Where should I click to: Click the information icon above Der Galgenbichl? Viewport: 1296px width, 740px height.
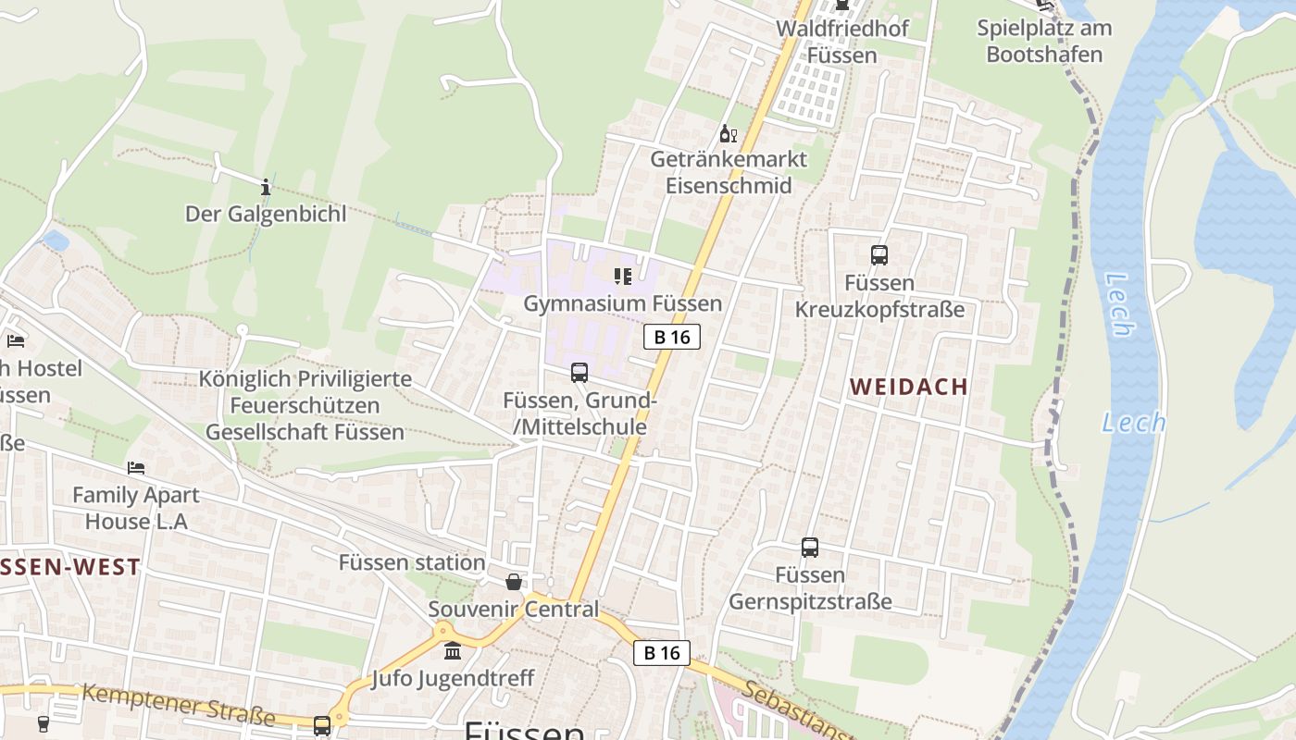tap(266, 187)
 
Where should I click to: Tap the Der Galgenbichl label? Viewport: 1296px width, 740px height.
tap(266, 215)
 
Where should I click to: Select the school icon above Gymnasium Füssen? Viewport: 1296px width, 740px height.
tap(622, 276)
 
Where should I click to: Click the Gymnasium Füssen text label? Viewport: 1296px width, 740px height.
tap(622, 303)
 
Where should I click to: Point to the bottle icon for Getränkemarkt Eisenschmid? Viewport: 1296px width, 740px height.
tap(728, 134)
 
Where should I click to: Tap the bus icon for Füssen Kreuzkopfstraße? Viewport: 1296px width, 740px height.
tap(879, 254)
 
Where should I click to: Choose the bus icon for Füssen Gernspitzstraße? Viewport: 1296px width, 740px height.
tap(810, 548)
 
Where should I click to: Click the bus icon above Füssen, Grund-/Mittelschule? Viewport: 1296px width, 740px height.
tap(579, 373)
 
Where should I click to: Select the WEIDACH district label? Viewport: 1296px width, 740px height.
tap(909, 388)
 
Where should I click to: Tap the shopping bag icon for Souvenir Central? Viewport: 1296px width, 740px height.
tap(514, 582)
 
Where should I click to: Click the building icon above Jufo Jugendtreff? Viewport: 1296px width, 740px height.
tap(453, 651)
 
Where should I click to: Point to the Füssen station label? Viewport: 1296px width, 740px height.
tap(412, 562)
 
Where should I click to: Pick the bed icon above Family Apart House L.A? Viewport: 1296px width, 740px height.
tap(136, 468)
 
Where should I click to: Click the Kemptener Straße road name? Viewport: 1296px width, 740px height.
tap(179, 705)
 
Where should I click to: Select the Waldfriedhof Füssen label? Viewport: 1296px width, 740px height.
tap(841, 42)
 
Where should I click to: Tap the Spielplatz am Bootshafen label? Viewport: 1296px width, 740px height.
tap(1044, 41)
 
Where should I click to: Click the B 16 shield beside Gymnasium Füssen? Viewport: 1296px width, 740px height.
tap(672, 337)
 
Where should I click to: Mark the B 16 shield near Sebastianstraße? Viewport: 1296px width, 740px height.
tap(662, 653)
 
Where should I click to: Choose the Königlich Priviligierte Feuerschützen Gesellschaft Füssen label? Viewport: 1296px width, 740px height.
tap(305, 405)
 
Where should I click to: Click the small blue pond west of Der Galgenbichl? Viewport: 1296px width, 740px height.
tap(56, 241)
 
